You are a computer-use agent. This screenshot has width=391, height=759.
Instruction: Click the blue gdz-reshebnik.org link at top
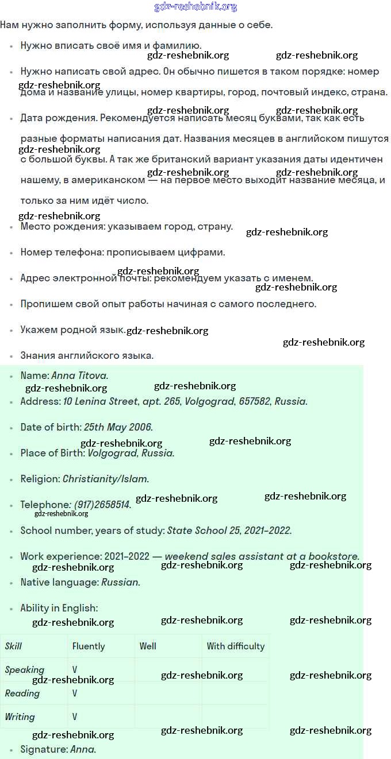pyautogui.click(x=195, y=7)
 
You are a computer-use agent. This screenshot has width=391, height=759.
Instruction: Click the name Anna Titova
pyautogui.click(x=79, y=375)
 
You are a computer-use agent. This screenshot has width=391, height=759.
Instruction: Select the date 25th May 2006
pyautogui.click(x=118, y=427)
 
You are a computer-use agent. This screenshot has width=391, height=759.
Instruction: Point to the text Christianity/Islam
pyautogui.click(x=105, y=479)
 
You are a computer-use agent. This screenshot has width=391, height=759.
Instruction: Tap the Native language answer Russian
pyautogui.click(x=120, y=582)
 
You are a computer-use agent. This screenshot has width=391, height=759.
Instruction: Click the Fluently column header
pyautogui.click(x=89, y=646)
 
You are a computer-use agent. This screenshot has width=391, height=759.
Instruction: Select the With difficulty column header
pyautogui.click(x=236, y=646)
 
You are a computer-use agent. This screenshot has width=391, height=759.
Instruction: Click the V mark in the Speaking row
pyautogui.click(x=75, y=669)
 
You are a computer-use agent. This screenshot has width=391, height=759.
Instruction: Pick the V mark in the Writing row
pyautogui.click(x=75, y=717)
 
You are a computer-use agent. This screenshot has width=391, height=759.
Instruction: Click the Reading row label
pyautogui.click(x=22, y=693)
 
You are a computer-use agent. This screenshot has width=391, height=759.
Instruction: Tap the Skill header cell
pyautogui.click(x=13, y=646)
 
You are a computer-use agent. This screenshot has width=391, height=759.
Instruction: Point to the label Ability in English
pyautogui.click(x=59, y=608)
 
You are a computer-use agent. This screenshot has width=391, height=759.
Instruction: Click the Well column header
pyautogui.click(x=148, y=646)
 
